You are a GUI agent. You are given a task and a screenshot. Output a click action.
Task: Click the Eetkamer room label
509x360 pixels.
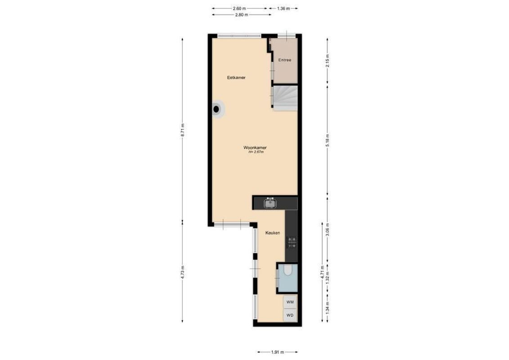coord(236,78)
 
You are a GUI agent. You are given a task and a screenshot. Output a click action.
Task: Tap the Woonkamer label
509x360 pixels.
coord(255,148)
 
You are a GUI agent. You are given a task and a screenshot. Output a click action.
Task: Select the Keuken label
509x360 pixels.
coord(273,233)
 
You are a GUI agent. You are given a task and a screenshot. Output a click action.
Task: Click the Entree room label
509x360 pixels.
coord(285,60)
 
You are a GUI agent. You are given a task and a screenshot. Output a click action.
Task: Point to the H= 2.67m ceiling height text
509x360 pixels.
coord(256,153)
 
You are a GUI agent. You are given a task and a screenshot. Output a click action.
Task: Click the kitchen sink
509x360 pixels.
coord(270,203)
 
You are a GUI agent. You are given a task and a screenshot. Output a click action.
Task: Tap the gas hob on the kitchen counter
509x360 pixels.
coord(292,243)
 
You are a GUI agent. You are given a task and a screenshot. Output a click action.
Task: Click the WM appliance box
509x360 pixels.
coord(290,302)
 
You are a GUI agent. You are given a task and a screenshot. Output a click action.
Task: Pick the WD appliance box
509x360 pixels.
coord(290,315)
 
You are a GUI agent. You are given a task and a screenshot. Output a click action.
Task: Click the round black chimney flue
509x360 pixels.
coord(217,108)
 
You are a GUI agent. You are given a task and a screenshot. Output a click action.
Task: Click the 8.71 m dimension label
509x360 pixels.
coord(183,131)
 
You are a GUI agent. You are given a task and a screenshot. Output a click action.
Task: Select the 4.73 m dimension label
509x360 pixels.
coord(183,272)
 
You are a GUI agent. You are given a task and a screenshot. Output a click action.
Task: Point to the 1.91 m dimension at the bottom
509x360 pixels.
coord(278,352)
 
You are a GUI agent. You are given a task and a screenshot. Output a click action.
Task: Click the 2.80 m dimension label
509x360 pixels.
coord(241,15)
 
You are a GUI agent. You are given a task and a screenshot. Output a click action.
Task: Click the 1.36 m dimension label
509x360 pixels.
coord(284,9)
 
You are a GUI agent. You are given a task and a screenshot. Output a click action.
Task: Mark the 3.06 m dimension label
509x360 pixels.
coord(328,229)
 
